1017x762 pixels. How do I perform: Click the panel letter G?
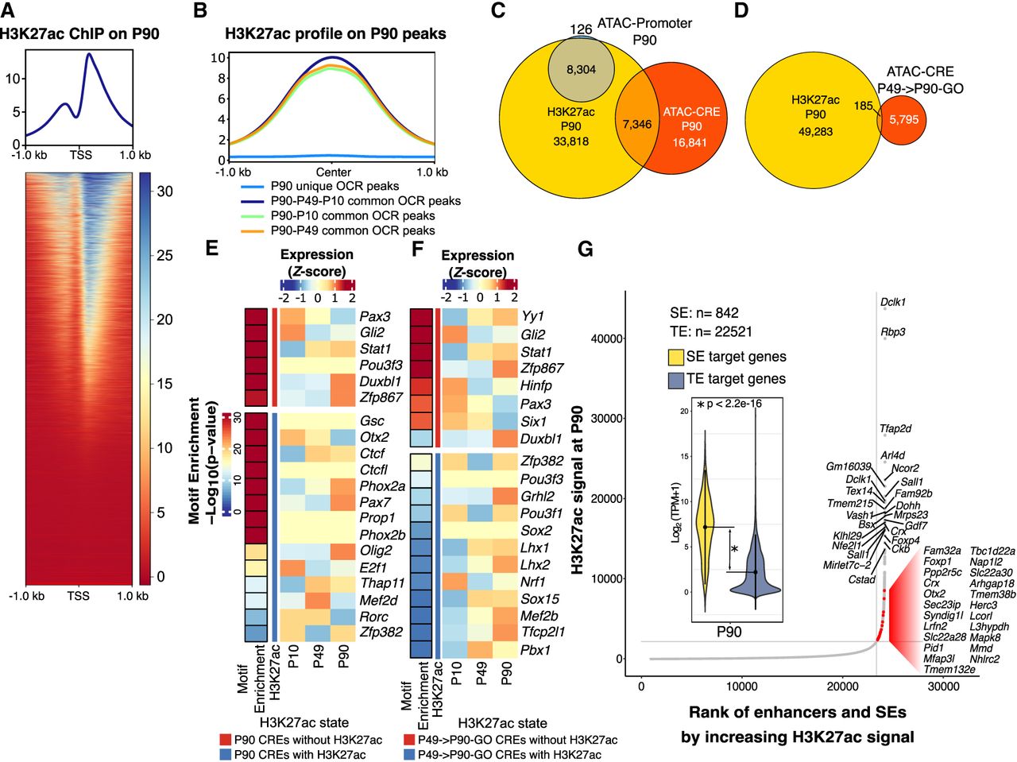pyautogui.click(x=586, y=249)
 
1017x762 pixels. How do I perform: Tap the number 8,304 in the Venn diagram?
pyautogui.click(x=581, y=70)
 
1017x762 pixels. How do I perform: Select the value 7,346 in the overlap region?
pyautogui.click(x=636, y=125)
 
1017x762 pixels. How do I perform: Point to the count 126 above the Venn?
pyautogui.click(x=581, y=30)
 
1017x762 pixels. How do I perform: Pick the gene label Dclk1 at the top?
pyautogui.click(x=893, y=302)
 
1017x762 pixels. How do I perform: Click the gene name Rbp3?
pyautogui.click(x=893, y=332)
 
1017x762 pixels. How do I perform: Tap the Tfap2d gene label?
pyautogui.click(x=895, y=429)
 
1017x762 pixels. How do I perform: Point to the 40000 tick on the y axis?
pyautogui.click(x=606, y=338)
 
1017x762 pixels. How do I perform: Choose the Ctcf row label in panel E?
pyautogui.click(x=373, y=453)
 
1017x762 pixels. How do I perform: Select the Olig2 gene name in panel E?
pyautogui.click(x=376, y=550)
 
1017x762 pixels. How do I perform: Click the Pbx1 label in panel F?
pyautogui.click(x=536, y=650)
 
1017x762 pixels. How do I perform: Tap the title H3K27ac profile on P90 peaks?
pyautogui.click(x=335, y=34)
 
